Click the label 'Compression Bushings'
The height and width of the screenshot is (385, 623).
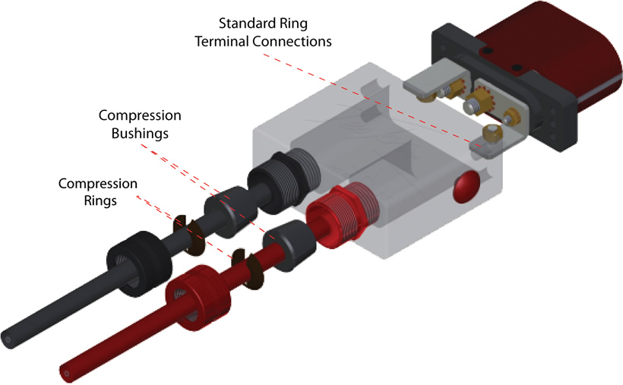click(140, 124)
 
